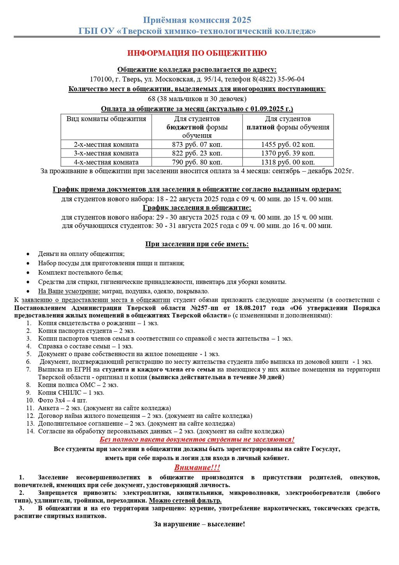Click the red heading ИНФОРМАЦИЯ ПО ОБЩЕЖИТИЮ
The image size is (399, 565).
pyautogui.click(x=197, y=53)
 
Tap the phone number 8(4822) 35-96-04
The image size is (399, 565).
pyautogui.click(x=279, y=79)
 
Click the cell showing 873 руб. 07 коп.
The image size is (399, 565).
pyautogui.click(x=197, y=144)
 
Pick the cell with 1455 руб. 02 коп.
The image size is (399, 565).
pyautogui.click(x=288, y=144)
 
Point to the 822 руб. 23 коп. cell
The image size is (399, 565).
pyautogui.click(x=197, y=153)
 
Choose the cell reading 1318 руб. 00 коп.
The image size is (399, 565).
pyautogui.click(x=288, y=162)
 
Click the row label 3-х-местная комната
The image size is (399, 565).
pyautogui.click(x=106, y=153)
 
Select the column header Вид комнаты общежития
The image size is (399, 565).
pyautogui.click(x=106, y=119)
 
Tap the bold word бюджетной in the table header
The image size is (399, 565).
pyautogui.click(x=185, y=127)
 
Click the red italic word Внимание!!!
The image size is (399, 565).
pyautogui.click(x=197, y=467)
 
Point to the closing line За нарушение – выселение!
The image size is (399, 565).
pyautogui.click(x=199, y=524)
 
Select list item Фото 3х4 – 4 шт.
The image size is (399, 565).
pyautogui.click(x=62, y=400)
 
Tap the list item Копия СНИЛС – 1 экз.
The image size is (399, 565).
pyautogui.click(x=71, y=393)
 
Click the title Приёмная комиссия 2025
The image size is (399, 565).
pyautogui.click(x=197, y=20)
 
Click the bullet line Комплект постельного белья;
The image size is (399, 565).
pyautogui.click(x=80, y=272)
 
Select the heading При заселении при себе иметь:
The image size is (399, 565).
pyautogui.click(x=197, y=244)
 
